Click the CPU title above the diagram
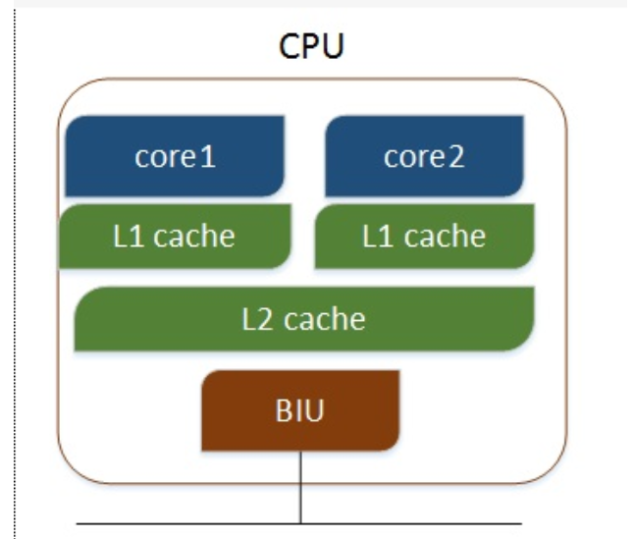[312, 46]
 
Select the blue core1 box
[175, 157]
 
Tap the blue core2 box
[424, 157]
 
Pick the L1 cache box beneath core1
[175, 237]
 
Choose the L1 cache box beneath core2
[424, 237]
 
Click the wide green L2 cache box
[303, 319]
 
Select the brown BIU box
[299, 410]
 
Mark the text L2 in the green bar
[258, 319]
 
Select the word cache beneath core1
[194, 237]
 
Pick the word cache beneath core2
[445, 237]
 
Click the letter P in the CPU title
[312, 46]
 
